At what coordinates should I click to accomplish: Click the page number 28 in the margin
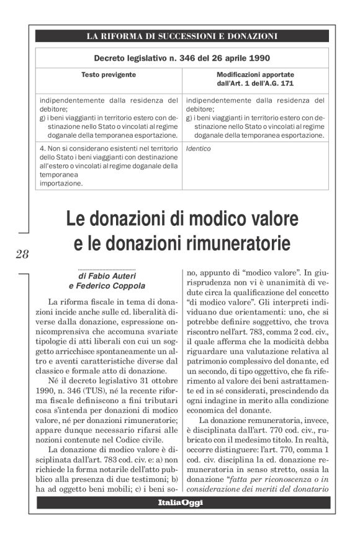click(22, 253)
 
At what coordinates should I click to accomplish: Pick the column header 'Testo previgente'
click(109, 74)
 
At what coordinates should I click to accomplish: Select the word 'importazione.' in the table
click(60, 183)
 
